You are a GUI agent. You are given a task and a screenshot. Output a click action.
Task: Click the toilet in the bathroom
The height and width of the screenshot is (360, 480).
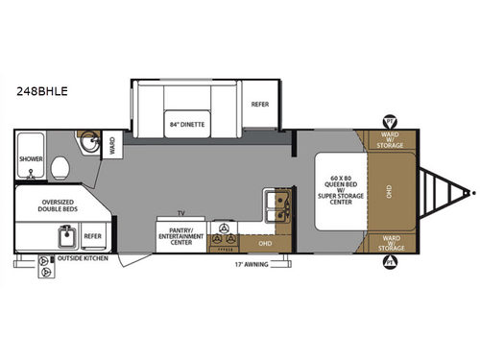[x=61, y=165]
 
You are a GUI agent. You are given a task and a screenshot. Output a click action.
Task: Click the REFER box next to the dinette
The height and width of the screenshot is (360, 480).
[x=260, y=104]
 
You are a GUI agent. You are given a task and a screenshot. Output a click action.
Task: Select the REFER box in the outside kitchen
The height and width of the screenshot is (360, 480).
[x=92, y=234]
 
